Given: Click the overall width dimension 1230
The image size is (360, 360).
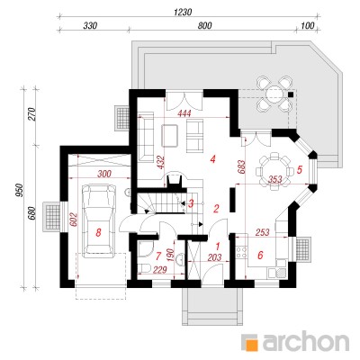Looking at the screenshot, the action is (183, 13).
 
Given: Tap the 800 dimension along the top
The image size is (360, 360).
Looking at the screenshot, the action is (205, 26).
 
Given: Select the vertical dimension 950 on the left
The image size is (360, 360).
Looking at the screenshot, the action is (20, 190).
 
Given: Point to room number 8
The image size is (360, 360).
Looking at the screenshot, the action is (98, 232).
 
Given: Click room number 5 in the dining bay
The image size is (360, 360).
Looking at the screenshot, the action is (299, 170).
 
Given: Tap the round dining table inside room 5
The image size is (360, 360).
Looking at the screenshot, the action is (274, 171).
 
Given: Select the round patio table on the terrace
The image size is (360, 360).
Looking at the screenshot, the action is (274, 93).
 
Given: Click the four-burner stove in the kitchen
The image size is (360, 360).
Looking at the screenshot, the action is (242, 252).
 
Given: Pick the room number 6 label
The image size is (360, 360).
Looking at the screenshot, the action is (260, 256).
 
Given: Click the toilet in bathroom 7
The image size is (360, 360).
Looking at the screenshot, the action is (144, 267).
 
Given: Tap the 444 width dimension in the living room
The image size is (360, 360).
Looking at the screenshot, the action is (184, 113).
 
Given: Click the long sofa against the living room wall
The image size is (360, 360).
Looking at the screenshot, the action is (146, 137).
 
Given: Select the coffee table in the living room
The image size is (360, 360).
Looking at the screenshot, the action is (170, 135).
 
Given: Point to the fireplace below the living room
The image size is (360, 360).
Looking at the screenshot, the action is (175, 179).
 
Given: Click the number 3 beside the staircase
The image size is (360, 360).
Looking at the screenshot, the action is (190, 203).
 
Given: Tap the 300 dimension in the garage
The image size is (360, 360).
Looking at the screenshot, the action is (104, 174).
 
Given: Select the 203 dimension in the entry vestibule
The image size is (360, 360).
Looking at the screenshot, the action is (215, 257).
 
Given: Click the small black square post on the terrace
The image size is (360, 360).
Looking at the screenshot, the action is (291, 94).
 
